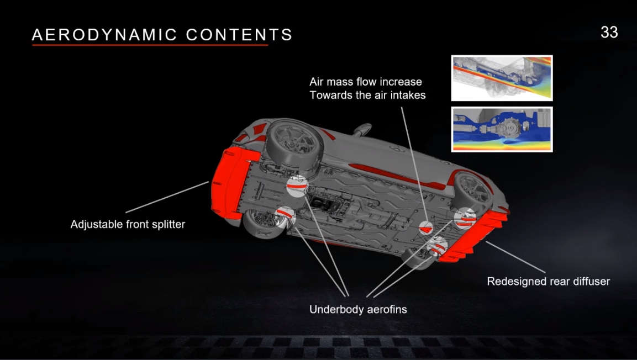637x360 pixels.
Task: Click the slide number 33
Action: pos(609,33)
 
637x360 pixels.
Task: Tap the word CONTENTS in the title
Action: pos(239,35)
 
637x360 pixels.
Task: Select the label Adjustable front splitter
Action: pos(128,224)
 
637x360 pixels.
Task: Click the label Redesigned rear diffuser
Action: pos(549,281)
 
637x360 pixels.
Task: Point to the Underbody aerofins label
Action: pos(358,310)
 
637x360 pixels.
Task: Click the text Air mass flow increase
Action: pos(366,82)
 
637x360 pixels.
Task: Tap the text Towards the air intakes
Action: pos(367,95)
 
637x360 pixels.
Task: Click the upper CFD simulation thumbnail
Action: pos(502,78)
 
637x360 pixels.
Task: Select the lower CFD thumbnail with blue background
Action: pos(502,129)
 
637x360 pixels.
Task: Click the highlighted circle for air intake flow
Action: pos(426,227)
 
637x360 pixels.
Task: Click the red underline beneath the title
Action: pos(150,45)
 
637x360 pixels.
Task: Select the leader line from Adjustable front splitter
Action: pos(167,197)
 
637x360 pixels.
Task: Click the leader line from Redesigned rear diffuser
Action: pos(515,257)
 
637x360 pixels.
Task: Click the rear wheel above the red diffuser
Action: pos(472,190)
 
